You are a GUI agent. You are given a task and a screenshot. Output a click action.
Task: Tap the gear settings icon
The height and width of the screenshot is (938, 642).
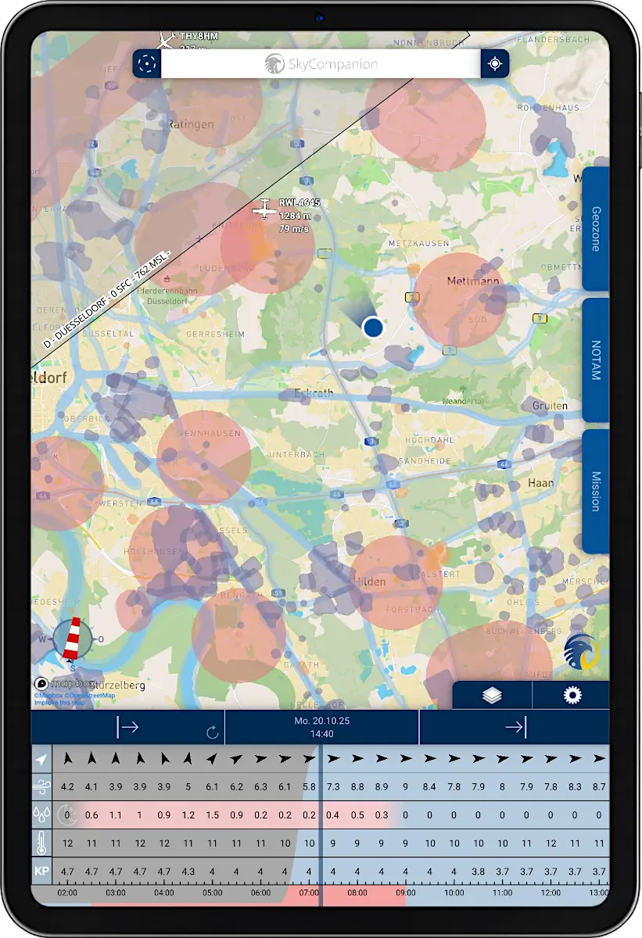click(x=572, y=695)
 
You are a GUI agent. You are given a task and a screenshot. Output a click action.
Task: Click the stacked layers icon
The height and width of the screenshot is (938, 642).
click(x=492, y=695)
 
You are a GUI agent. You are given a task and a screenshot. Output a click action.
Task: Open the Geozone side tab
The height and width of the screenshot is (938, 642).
click(x=596, y=228)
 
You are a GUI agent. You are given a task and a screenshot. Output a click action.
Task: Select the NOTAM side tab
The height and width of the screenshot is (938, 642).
click(x=596, y=360)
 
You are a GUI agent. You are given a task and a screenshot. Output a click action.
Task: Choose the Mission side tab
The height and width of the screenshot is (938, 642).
click(x=596, y=491)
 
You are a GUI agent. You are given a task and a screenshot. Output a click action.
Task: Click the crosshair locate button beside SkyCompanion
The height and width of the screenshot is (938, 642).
click(x=494, y=64)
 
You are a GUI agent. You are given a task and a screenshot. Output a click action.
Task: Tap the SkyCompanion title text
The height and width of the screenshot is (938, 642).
click(x=321, y=64)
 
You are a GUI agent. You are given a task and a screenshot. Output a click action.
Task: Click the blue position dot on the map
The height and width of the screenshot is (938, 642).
click(x=373, y=327)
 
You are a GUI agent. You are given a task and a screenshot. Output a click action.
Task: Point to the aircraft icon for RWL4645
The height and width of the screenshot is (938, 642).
click(x=264, y=209)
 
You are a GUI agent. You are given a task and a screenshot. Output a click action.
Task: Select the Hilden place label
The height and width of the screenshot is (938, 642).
click(x=371, y=581)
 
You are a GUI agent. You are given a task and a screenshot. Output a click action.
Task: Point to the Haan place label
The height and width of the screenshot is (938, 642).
click(x=541, y=482)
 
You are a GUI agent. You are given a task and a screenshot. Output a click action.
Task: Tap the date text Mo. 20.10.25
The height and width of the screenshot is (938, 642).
click(x=321, y=721)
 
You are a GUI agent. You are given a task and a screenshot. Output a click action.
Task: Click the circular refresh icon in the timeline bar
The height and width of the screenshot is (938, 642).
click(x=212, y=732)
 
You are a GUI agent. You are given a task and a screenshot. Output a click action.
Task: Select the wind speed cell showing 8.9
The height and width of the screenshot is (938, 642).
click(x=381, y=786)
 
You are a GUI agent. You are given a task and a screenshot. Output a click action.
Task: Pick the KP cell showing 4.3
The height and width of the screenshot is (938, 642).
click(x=188, y=871)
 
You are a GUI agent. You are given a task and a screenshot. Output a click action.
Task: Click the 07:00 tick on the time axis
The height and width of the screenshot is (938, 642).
click(x=309, y=892)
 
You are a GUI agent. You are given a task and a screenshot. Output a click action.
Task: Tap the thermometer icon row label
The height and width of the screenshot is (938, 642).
click(x=41, y=843)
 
